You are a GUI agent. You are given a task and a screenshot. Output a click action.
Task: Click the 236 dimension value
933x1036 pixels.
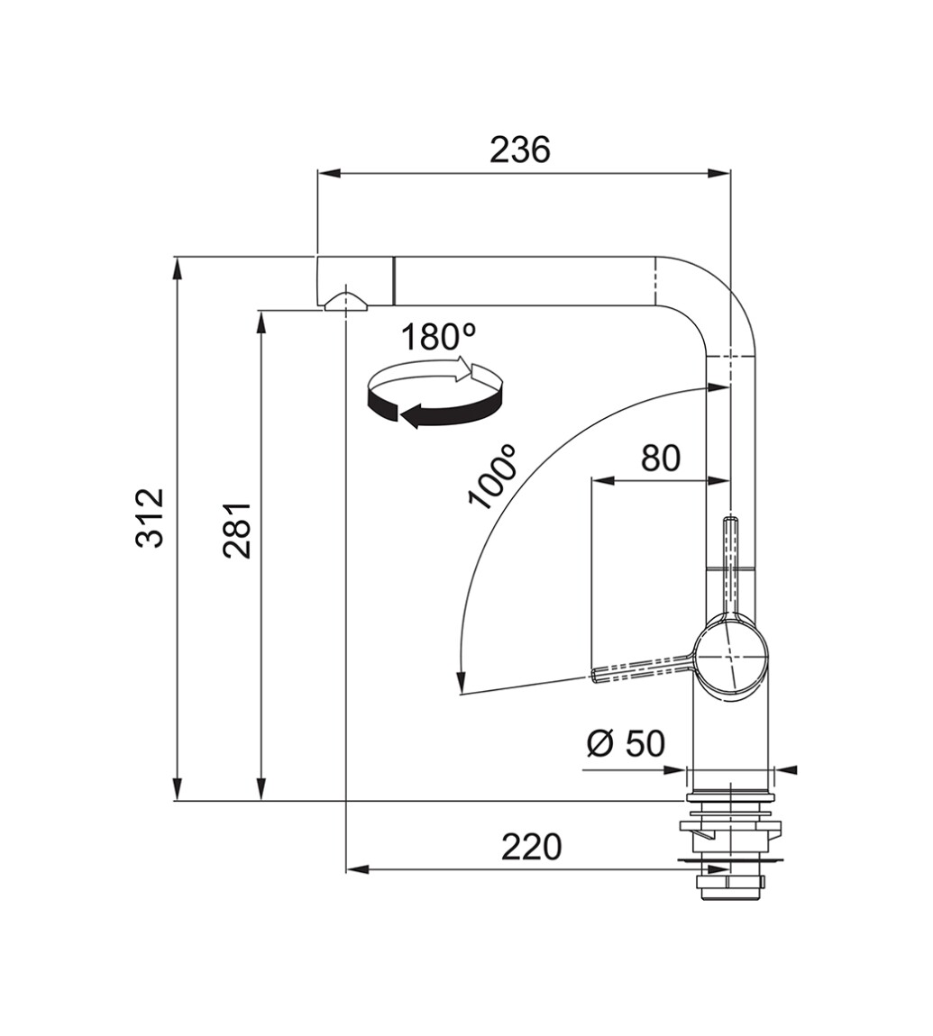[x=520, y=150]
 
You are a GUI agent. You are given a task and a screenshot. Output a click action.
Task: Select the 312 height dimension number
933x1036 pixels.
[x=149, y=518]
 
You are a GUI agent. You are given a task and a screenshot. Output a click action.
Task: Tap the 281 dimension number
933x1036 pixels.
[x=237, y=531]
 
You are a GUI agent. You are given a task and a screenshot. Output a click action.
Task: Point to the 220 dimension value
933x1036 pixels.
[x=531, y=847]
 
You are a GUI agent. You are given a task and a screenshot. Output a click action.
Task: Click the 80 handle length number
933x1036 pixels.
[x=661, y=458]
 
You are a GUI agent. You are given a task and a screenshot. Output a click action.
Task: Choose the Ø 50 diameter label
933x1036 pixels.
[x=626, y=744]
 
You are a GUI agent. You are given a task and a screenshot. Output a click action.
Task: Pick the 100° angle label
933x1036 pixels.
[x=492, y=477]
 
